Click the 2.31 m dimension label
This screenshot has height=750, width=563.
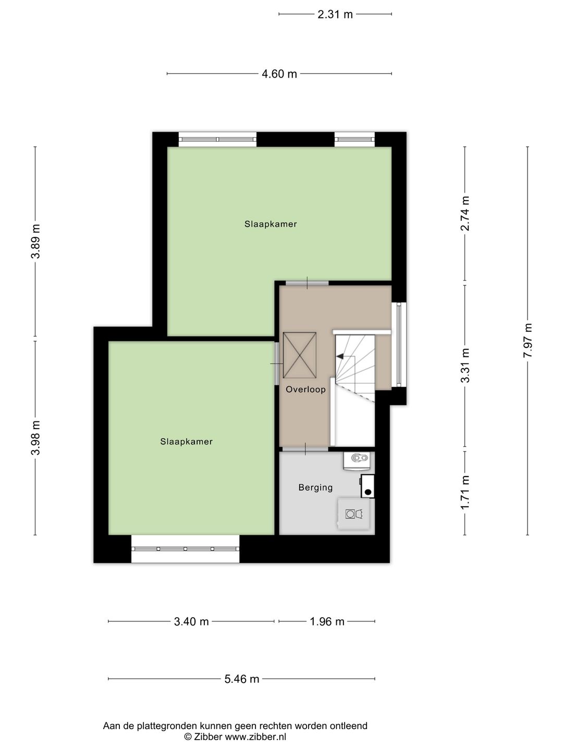(x=335, y=15)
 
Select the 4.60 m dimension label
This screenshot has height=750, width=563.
(x=279, y=74)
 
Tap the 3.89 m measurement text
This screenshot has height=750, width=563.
(x=35, y=241)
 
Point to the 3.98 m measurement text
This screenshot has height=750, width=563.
(x=35, y=438)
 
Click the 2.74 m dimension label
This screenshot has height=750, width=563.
(x=465, y=214)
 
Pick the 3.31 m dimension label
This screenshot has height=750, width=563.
(x=465, y=366)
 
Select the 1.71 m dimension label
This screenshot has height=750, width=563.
(x=465, y=493)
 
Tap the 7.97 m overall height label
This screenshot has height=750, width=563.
(x=528, y=340)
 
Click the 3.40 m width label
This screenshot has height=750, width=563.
(x=191, y=621)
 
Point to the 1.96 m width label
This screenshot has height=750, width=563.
(x=327, y=621)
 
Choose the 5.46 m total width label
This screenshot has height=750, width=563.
(x=242, y=679)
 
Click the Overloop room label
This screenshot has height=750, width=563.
(x=305, y=390)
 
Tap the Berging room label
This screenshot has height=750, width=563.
(x=315, y=488)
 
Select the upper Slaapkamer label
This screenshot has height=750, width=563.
(x=271, y=224)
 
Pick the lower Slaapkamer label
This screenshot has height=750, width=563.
(x=186, y=442)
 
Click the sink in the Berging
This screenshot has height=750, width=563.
(x=357, y=458)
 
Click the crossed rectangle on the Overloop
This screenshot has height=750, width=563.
(x=299, y=355)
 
